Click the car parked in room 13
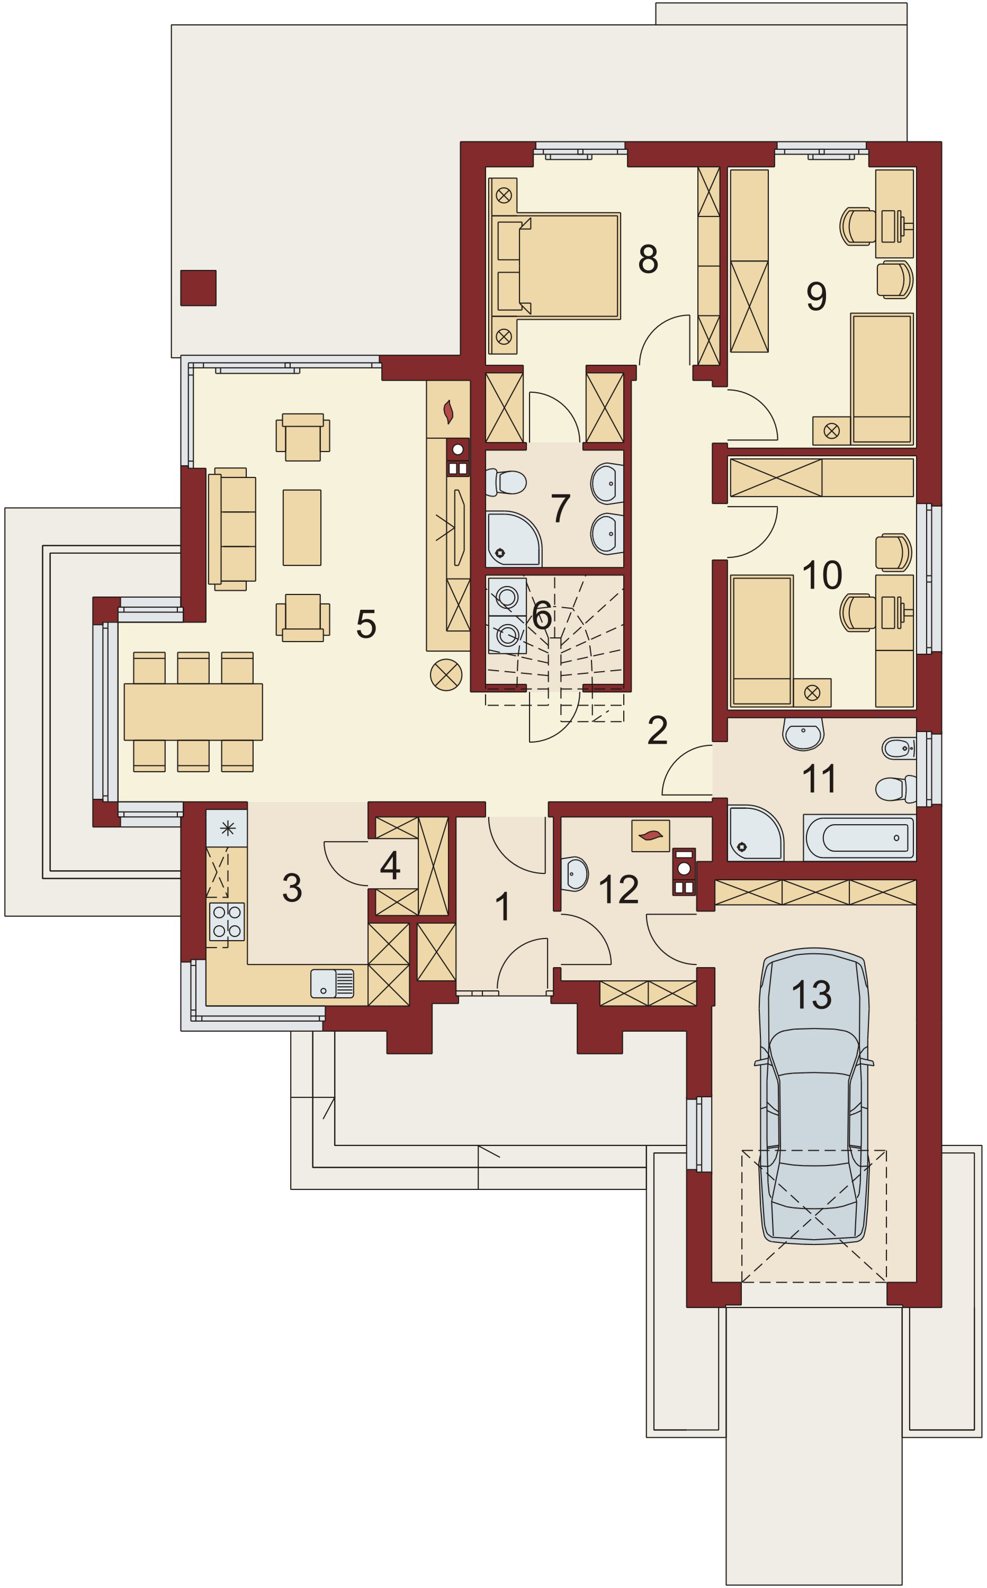point(813,1096)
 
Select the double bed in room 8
point(561,266)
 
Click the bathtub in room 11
point(859,838)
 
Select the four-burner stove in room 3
point(227,921)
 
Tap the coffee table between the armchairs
point(302,527)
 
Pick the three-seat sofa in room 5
point(234,528)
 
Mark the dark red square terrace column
point(198,288)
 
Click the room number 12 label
point(617,889)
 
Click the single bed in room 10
point(761,639)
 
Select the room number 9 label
point(816,296)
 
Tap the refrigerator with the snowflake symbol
point(227,828)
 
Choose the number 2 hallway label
point(657,730)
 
